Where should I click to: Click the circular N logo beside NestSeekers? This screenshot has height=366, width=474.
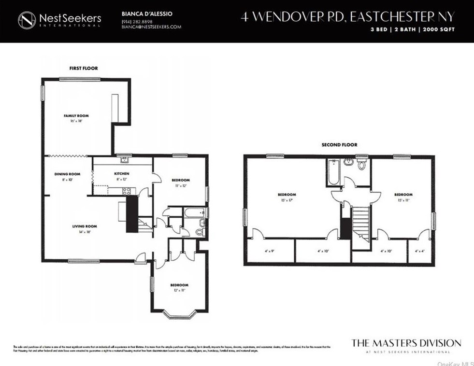pyautogui.click(x=27, y=20)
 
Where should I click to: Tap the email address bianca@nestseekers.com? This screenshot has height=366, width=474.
pyautogui.click(x=151, y=27)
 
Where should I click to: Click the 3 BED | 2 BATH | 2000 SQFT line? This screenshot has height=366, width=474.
pyautogui.click(x=412, y=29)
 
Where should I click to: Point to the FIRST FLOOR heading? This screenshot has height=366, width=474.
pyautogui.click(x=80, y=69)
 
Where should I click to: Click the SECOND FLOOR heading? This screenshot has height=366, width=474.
pyautogui.click(x=339, y=145)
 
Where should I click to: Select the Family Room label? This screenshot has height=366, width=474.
pyautogui.click(x=76, y=116)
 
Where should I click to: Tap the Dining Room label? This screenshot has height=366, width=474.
pyautogui.click(x=67, y=174)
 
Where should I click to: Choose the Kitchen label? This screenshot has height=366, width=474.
pyautogui.click(x=122, y=174)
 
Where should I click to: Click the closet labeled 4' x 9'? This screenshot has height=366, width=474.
pyautogui.click(x=270, y=251)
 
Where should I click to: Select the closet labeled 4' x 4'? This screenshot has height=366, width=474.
pyautogui.click(x=420, y=251)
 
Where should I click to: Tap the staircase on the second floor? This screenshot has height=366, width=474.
pyautogui.click(x=361, y=220)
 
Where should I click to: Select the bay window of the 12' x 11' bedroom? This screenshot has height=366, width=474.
pyautogui.click(x=180, y=314)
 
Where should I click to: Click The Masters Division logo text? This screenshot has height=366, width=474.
pyautogui.click(x=406, y=343)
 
